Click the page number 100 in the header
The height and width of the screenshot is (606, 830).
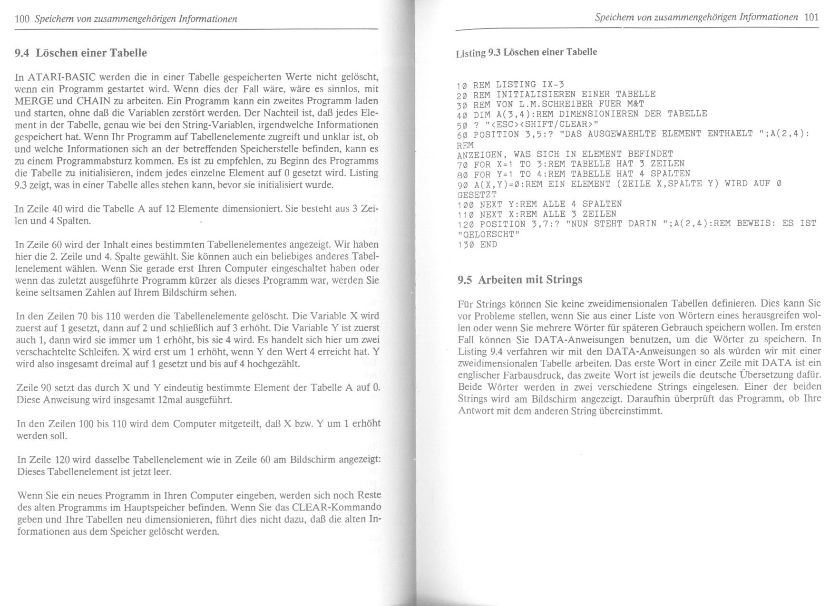pyautogui.click(x=22, y=19)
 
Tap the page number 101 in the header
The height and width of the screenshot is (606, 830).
pyautogui.click(x=811, y=17)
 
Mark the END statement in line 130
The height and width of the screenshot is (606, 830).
pyautogui.click(x=488, y=245)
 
